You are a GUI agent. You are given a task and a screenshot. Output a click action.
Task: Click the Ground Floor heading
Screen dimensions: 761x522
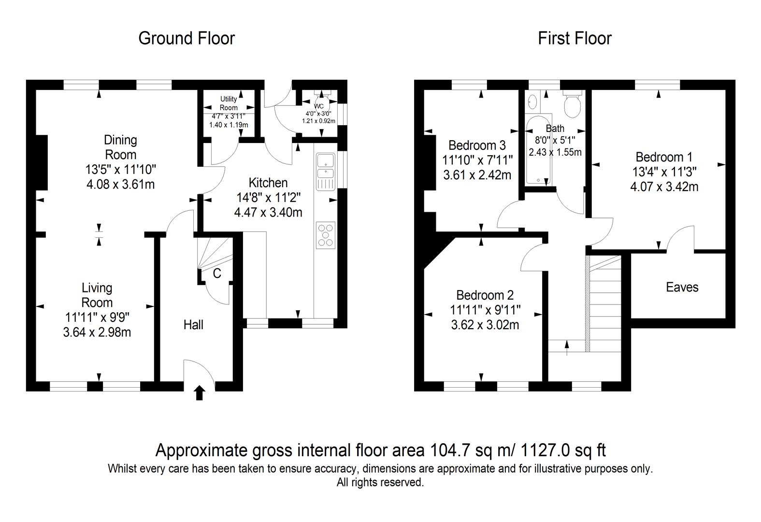[x=187, y=38]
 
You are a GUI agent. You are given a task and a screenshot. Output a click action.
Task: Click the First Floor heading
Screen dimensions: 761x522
[x=574, y=38]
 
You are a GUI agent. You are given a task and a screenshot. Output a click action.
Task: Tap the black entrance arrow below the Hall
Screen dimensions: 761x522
[x=200, y=393]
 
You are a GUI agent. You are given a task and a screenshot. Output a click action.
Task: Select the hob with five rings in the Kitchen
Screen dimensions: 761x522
[x=326, y=235]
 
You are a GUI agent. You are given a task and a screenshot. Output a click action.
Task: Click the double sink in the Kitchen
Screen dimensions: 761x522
[x=326, y=172]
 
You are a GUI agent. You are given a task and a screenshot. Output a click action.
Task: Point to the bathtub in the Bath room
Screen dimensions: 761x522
[x=538, y=149]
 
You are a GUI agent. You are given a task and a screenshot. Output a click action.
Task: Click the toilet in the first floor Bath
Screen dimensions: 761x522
[x=573, y=103]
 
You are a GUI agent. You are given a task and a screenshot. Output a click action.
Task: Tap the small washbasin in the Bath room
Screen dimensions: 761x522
[x=532, y=101]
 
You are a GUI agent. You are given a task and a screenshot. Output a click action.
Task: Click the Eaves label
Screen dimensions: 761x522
[x=682, y=288]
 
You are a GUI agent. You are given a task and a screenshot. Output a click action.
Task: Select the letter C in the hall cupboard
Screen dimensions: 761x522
[x=217, y=273]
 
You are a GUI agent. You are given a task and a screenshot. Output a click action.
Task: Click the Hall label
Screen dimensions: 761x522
[x=193, y=325]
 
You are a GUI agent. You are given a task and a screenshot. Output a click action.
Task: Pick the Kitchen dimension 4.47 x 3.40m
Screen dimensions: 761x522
[x=268, y=212]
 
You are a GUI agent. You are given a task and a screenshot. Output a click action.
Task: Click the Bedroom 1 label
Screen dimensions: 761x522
[x=664, y=157]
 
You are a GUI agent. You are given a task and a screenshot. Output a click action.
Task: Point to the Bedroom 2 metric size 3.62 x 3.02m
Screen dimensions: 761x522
[x=485, y=325]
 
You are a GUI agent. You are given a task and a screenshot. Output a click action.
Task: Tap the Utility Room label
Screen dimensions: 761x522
[x=228, y=103]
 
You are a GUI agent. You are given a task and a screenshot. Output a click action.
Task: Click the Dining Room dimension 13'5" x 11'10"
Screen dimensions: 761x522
[x=121, y=169]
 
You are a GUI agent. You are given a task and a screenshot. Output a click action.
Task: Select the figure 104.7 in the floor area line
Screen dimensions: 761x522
[x=450, y=450]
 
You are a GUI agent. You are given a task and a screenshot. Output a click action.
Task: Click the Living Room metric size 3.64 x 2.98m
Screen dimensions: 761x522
[x=97, y=333]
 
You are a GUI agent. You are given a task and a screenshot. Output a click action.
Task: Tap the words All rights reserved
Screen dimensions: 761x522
[x=380, y=482]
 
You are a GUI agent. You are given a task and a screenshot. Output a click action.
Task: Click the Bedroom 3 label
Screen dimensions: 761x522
[x=477, y=145]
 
